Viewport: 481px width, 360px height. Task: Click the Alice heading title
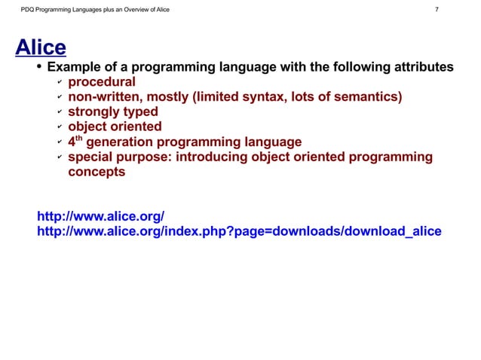41,48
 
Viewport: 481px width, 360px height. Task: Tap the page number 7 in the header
437,10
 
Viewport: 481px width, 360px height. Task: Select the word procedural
102,82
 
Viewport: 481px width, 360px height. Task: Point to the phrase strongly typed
113,112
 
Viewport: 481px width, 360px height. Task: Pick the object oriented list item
115,127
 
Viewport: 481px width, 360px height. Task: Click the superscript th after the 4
79,139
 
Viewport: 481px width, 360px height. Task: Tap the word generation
124,142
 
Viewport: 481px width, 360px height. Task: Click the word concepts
97,172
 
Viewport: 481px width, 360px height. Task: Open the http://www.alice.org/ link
100,217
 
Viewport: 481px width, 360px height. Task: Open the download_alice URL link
238,231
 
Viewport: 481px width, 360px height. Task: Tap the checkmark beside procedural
59,83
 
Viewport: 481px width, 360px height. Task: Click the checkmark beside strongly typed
59,113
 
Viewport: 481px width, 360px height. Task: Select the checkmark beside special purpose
59,157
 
